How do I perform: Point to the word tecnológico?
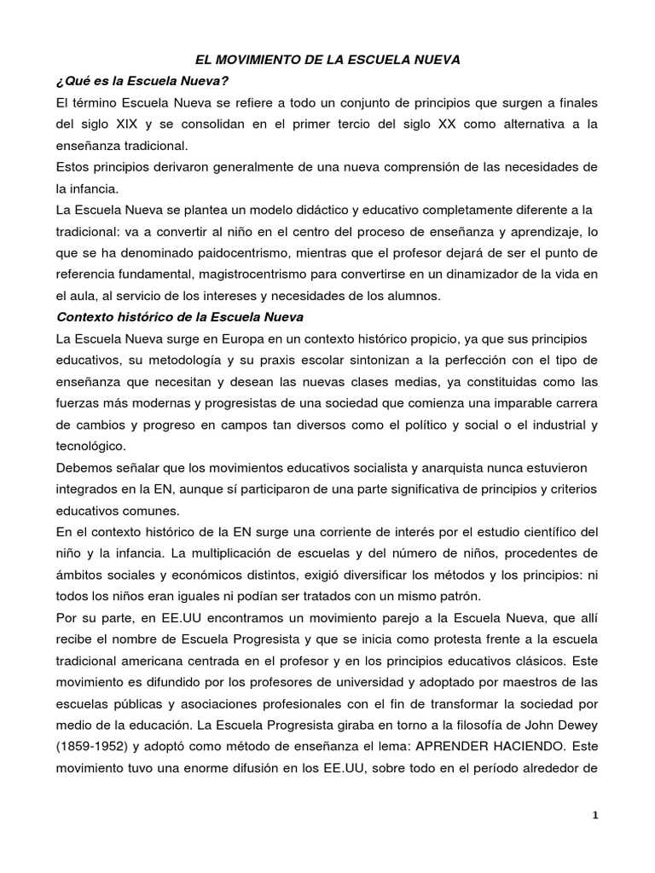(90, 445)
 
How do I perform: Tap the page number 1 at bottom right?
(595, 816)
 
